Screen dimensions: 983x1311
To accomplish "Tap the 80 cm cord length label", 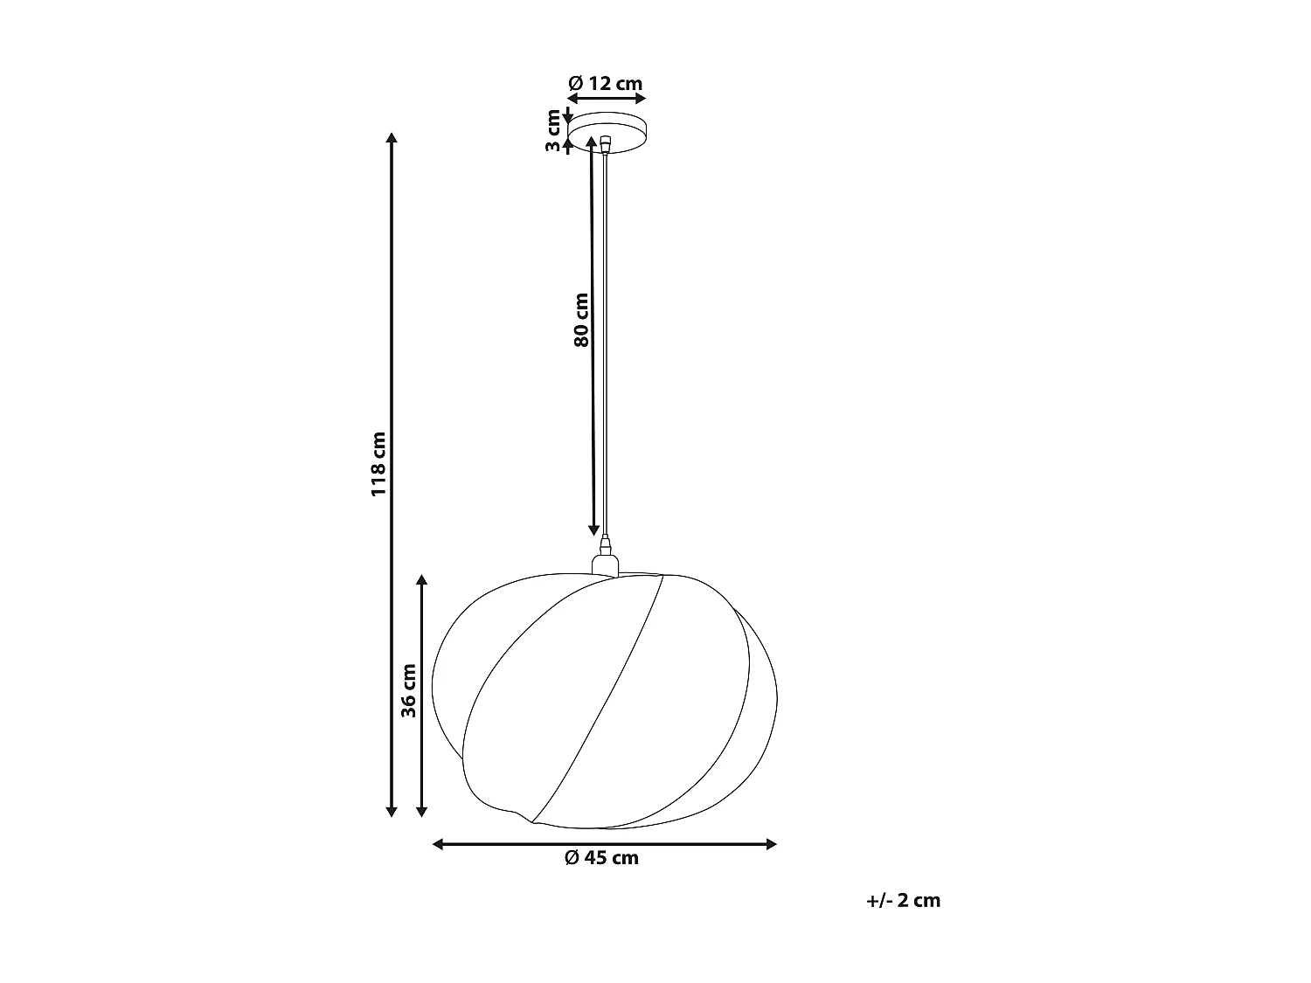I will pyautogui.click(x=581, y=319).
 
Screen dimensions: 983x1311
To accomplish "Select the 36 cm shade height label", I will pyautogui.click(x=408, y=690).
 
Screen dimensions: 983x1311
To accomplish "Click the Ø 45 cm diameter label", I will pyautogui.click(x=602, y=858).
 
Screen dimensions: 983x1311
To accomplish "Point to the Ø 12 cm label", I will pyautogui.click(x=606, y=84).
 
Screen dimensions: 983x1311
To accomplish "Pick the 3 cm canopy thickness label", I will pyautogui.click(x=552, y=131).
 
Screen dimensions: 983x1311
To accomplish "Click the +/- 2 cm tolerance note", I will pyautogui.click(x=904, y=901).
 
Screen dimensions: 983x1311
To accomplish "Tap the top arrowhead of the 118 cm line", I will pyautogui.click(x=392, y=138).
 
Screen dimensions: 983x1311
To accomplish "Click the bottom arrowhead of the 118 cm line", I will pyautogui.click(x=392, y=812).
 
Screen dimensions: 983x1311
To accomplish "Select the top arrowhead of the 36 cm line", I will pyautogui.click(x=422, y=580).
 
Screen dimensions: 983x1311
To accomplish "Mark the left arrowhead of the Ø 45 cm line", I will pyautogui.click(x=440, y=844).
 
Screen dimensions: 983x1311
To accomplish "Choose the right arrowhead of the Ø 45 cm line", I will pyautogui.click(x=771, y=844).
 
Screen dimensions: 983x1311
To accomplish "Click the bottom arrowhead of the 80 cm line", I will pyautogui.click(x=593, y=530).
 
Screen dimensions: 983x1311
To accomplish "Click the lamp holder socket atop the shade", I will pyautogui.click(x=605, y=561).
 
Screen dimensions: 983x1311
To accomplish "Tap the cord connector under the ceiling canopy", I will pyautogui.click(x=606, y=142).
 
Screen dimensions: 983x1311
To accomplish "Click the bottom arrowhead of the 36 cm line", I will pyautogui.click(x=422, y=812).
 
